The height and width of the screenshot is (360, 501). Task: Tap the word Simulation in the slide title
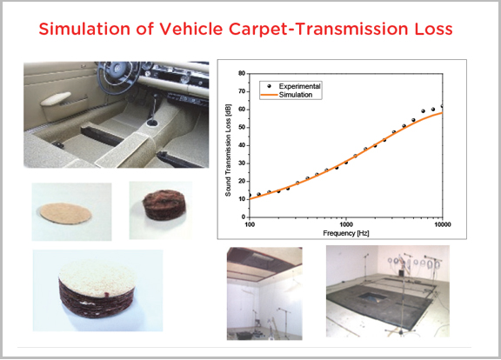[x=84, y=29]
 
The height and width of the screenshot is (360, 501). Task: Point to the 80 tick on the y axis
[x=242, y=73]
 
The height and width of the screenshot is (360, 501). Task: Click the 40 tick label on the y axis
[x=242, y=145]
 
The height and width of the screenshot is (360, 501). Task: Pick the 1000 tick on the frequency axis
[x=346, y=224]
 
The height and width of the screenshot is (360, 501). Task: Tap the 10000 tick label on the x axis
[x=443, y=224]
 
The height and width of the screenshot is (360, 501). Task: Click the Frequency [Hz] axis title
[x=346, y=233]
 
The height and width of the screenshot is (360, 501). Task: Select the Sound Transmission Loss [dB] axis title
[x=228, y=150]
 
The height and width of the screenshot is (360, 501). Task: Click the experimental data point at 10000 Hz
[x=442, y=106]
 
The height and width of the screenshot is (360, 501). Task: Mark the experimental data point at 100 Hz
[x=250, y=195]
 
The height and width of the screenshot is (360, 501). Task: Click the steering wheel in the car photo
[x=117, y=73]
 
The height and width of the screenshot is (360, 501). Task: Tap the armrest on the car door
[x=56, y=98]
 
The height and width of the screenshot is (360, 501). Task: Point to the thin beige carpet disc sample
[x=65, y=213]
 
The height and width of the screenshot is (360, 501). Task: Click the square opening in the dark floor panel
[x=372, y=297]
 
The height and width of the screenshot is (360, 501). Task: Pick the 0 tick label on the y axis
[x=244, y=217]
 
